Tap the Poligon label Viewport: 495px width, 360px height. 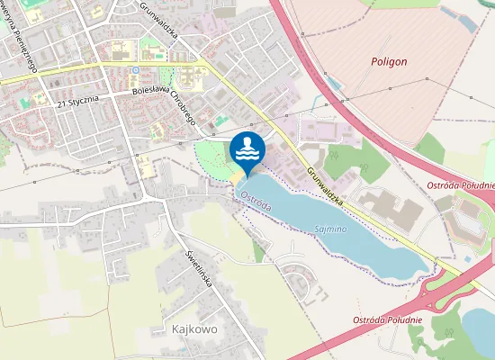click(389, 62)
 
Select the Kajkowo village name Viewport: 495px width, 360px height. click(194, 329)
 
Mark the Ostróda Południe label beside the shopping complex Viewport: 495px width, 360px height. click(461, 185)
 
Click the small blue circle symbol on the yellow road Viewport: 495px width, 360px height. click(135, 69)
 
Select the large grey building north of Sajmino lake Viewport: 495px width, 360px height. click(391, 208)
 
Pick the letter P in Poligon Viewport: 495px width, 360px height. click(373, 62)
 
